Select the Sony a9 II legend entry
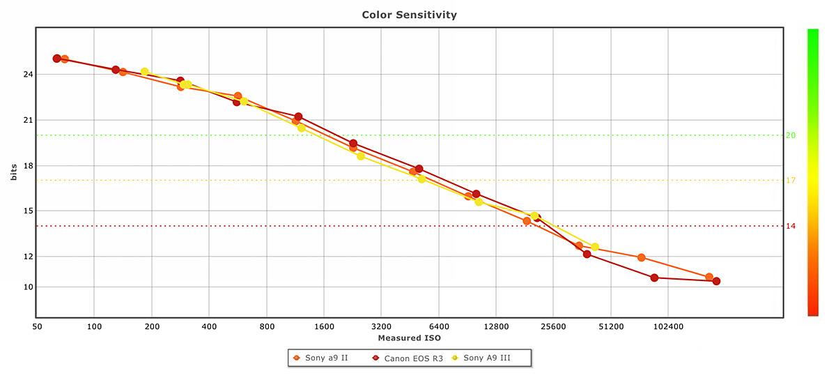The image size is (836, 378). [326, 358]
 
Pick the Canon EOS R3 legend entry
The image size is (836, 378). [413, 358]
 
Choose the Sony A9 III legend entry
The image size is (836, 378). [486, 358]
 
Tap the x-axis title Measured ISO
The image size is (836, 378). [409, 338]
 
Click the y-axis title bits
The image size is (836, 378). [13, 173]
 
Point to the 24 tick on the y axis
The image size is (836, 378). [27, 74]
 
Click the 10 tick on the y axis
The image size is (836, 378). [27, 287]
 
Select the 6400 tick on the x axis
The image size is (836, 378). [438, 326]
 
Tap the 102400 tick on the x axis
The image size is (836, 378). [667, 326]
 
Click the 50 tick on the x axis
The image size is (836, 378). [37, 326]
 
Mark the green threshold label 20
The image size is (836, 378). [791, 135]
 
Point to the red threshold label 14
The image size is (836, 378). [791, 226]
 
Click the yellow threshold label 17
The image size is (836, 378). [791, 181]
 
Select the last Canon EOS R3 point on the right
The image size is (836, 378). [716, 281]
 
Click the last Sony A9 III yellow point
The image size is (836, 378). [594, 247]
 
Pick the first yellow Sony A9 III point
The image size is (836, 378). [144, 72]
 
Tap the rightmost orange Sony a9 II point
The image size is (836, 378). [709, 277]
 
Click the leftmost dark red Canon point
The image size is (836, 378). [56, 59]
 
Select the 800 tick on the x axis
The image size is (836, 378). [267, 326]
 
